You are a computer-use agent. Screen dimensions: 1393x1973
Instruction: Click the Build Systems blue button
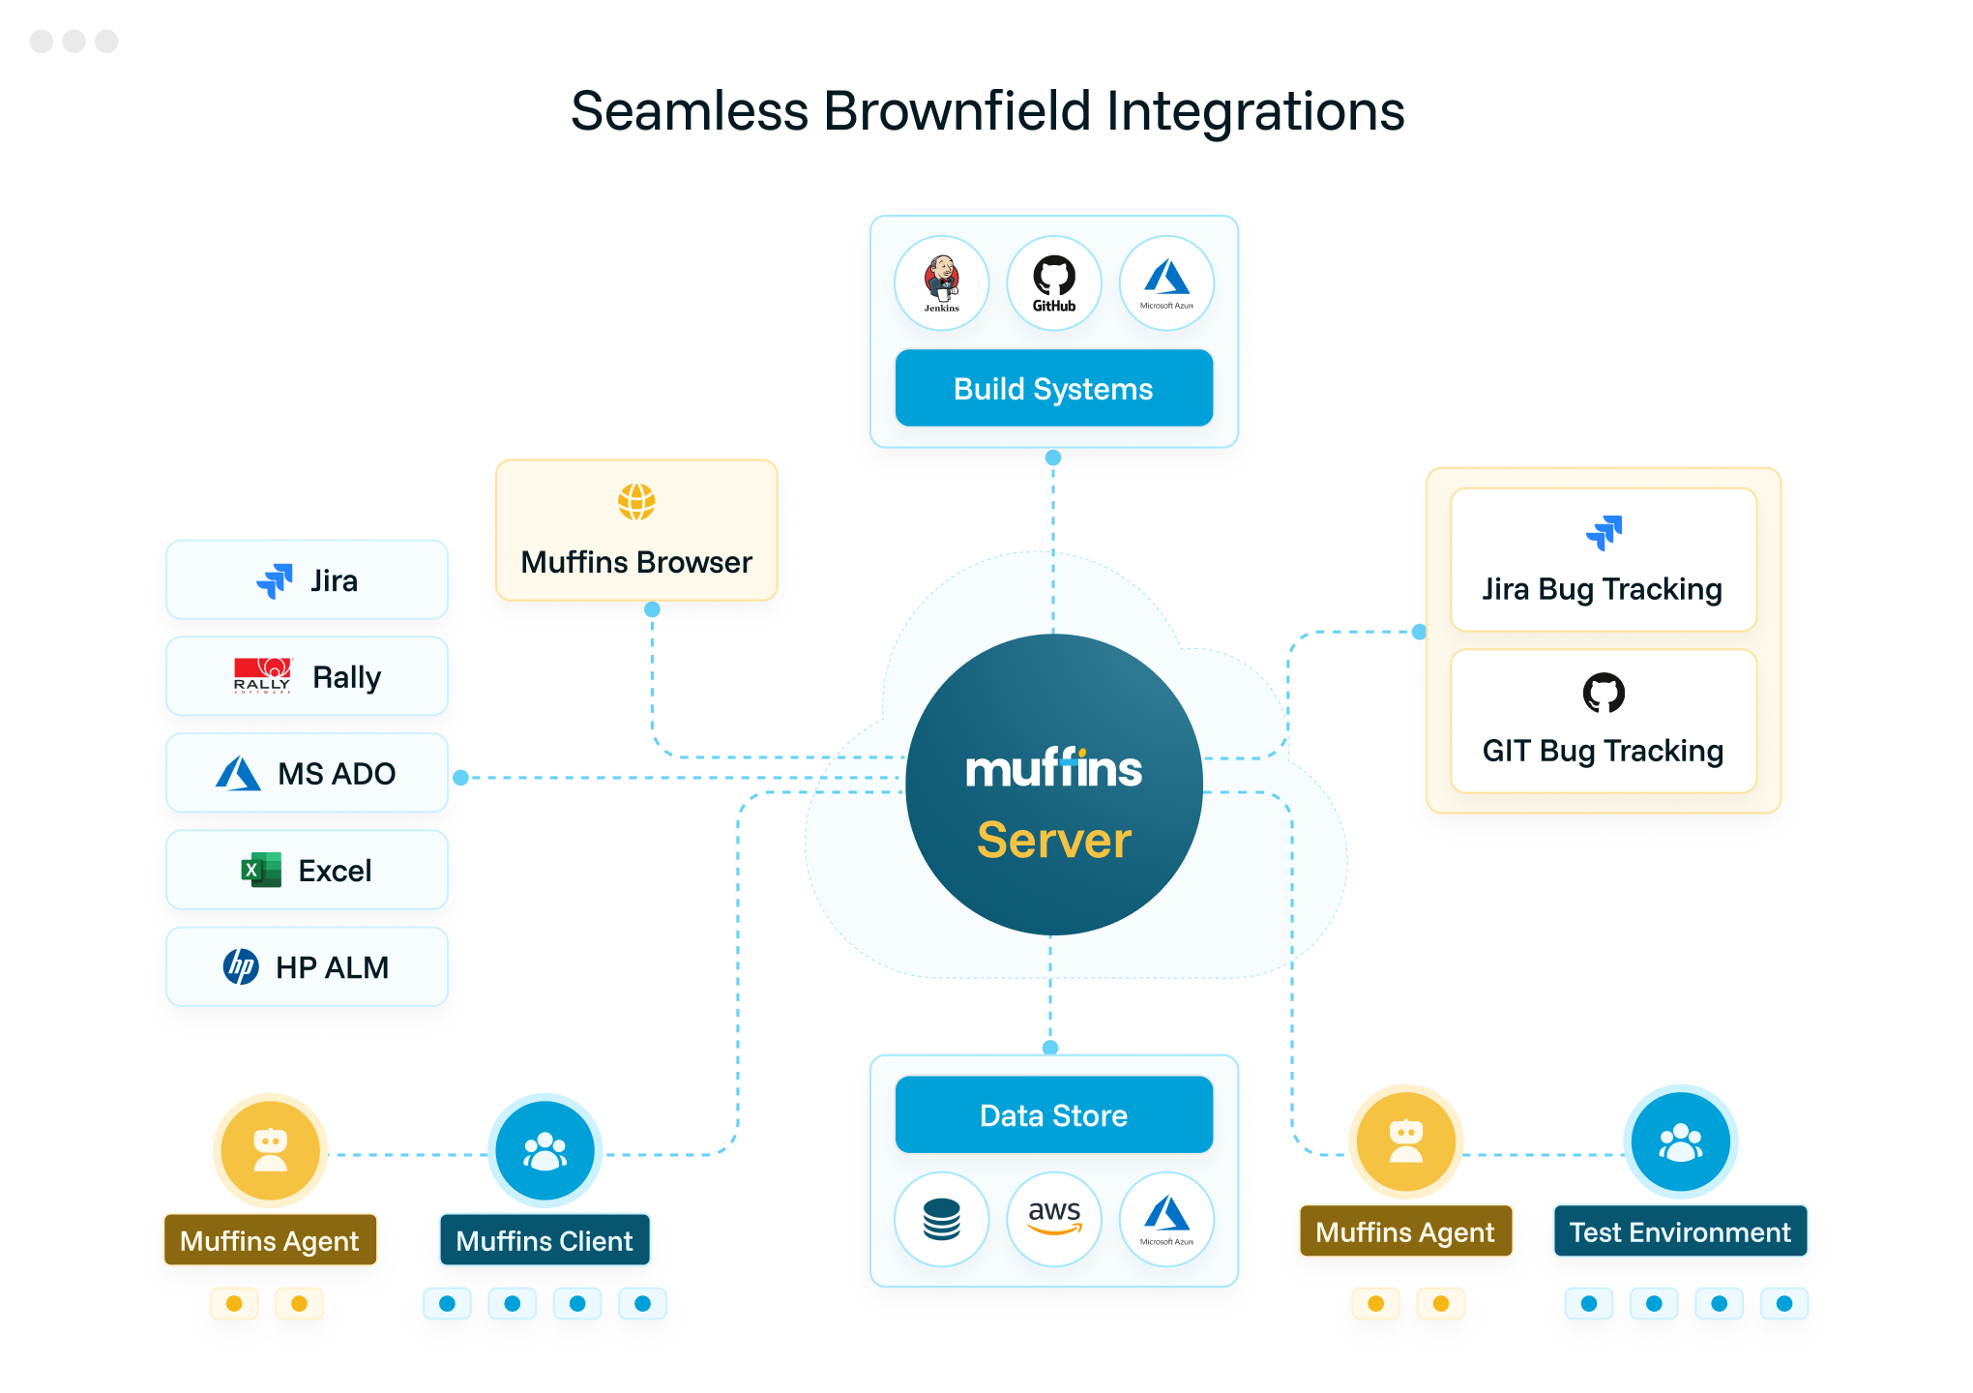tap(1053, 388)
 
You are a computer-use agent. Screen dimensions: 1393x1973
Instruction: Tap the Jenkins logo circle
tap(941, 282)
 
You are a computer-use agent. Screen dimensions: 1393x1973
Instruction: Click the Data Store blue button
tap(1053, 1114)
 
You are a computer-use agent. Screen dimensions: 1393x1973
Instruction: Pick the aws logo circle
tap(1053, 1218)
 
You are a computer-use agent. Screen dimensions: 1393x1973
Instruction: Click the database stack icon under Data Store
tap(941, 1219)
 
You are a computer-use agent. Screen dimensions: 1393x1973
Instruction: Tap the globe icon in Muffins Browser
tap(636, 502)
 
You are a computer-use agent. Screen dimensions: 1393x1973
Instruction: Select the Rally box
tap(307, 676)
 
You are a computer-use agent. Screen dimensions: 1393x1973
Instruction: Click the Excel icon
tap(261, 870)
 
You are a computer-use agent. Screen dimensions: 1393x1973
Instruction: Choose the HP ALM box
tap(307, 966)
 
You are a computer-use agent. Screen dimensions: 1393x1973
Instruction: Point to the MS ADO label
tap(337, 774)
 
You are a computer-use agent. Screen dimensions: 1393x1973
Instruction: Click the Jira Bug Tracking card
tap(1603, 560)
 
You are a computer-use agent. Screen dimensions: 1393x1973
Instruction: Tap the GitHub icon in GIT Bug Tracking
tap(1603, 693)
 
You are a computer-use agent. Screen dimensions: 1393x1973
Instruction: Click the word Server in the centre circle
tap(1053, 840)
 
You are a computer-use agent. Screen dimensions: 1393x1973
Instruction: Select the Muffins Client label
tap(545, 1240)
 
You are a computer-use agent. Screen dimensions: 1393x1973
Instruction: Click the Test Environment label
tap(1680, 1231)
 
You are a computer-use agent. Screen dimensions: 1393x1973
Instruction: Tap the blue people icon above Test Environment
tap(1680, 1142)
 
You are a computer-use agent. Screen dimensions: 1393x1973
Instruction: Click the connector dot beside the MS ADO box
tap(461, 778)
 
